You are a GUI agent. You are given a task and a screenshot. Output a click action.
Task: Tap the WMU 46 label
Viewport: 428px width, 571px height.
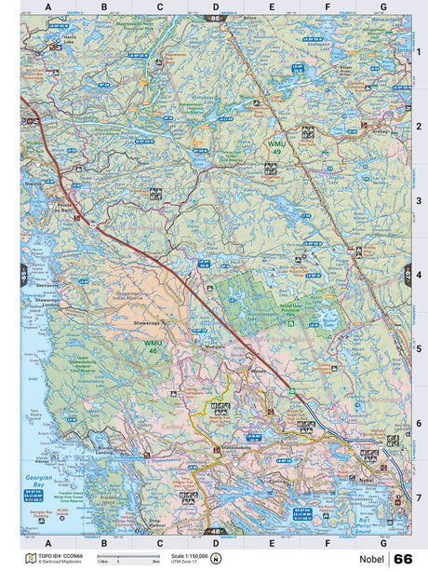click(152, 346)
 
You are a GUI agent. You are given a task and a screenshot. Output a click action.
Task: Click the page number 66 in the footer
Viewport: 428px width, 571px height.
click(403, 559)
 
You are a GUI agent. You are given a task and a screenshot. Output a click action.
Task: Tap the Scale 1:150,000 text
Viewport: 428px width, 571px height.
click(191, 555)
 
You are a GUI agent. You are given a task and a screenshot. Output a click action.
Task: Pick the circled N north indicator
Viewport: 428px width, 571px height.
click(216, 559)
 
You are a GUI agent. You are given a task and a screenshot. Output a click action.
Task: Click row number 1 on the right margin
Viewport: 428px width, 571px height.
click(419, 52)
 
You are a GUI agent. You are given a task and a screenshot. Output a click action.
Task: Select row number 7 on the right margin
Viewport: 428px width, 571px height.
click(419, 497)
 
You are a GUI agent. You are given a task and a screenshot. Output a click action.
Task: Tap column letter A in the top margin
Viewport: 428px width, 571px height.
click(48, 7)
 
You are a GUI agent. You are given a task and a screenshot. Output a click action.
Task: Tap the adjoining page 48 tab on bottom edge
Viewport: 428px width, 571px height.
click(216, 531)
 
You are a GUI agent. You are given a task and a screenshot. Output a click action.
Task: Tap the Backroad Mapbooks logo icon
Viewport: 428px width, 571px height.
click(29, 559)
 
